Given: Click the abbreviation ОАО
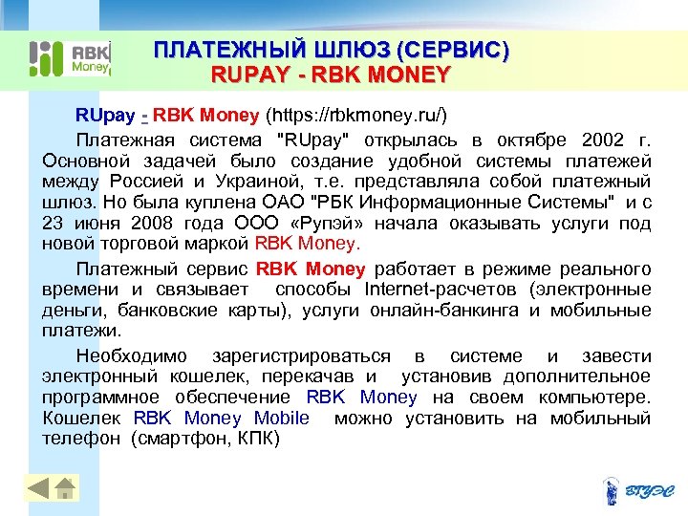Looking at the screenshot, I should [303, 202].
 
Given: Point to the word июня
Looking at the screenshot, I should [92, 224].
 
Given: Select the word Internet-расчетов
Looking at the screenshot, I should [441, 290].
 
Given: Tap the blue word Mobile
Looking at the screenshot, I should [282, 418].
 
